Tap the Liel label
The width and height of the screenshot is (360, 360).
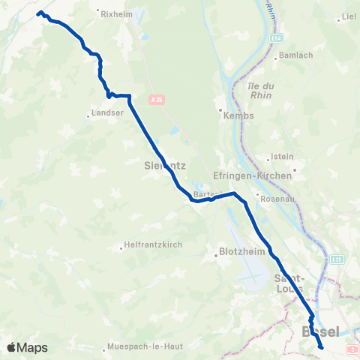(x=348, y=16)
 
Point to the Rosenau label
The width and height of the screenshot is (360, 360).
(x=274, y=198)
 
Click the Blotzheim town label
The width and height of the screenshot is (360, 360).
(x=235, y=253)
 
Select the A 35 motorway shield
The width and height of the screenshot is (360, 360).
(x=155, y=98)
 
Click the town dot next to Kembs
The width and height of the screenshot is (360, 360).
(x=222, y=115)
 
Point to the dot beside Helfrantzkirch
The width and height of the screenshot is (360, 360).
(x=121, y=248)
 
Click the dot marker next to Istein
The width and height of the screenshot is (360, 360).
(x=269, y=157)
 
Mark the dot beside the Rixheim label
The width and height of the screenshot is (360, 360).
(x=100, y=13)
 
